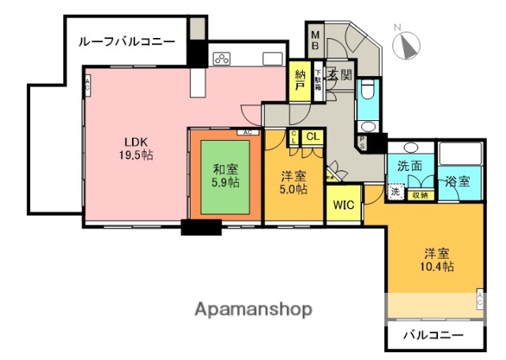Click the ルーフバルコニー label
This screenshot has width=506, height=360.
coord(126,41)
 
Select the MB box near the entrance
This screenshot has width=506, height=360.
coord(315,40)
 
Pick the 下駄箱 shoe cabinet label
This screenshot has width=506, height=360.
coord(318,81)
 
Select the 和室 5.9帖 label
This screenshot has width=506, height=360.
coord(226,174)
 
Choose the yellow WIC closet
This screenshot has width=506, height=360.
coord(343,204)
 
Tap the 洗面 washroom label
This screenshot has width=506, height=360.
coord(409,167)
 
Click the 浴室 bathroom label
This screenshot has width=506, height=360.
coord(457,180)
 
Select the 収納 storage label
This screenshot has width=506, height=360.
coord(420,195)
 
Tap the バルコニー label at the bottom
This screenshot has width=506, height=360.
coord(433,335)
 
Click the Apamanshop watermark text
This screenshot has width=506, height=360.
coord(253,309)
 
